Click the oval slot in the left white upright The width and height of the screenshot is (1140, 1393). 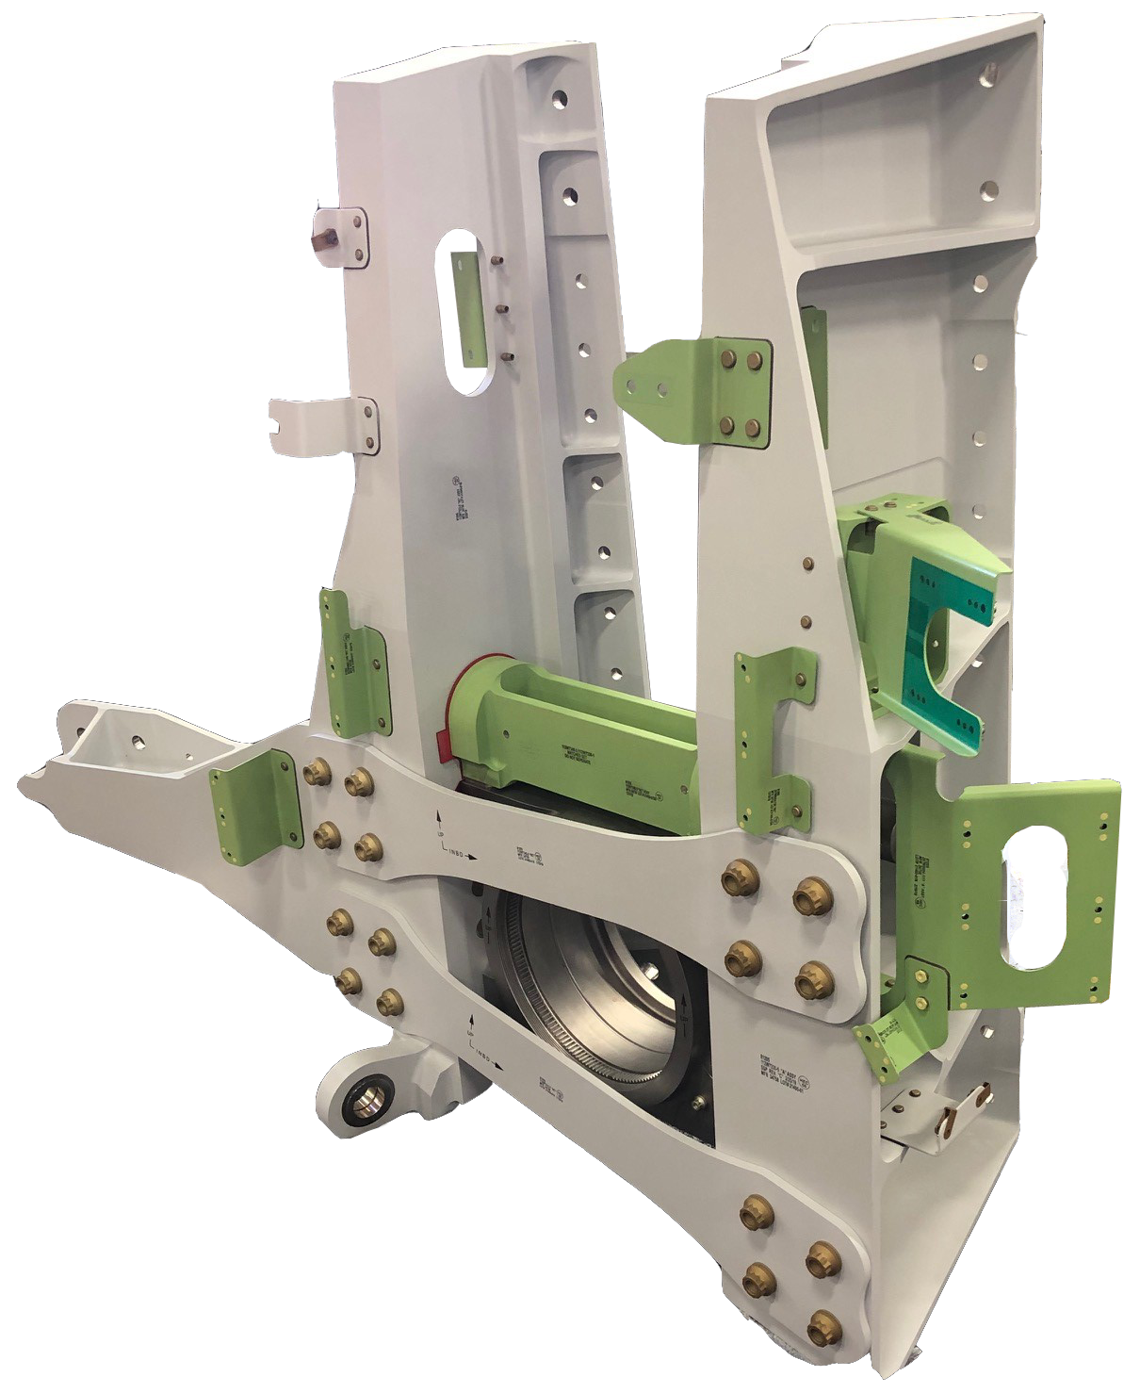tap(463, 311)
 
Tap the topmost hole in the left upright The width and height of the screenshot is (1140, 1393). tap(562, 98)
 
